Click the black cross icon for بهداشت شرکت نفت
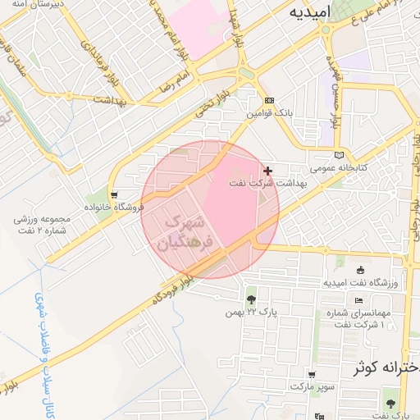pos(268,170)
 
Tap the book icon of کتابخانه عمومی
pos(340,154)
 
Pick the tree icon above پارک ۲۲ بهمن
pos(250,299)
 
